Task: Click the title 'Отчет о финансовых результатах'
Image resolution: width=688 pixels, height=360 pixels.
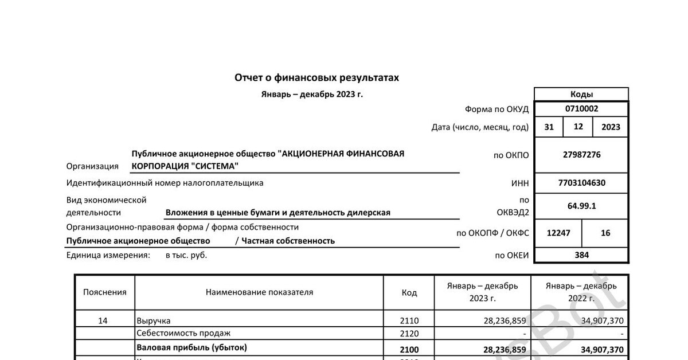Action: point(316,77)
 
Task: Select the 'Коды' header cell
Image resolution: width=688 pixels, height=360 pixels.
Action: point(581,95)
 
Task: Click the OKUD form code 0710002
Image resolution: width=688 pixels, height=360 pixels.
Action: point(581,109)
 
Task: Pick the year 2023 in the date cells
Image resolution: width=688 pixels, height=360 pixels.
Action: point(611,127)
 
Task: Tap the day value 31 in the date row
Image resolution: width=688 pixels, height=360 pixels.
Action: point(549,127)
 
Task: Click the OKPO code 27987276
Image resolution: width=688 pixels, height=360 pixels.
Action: point(581,155)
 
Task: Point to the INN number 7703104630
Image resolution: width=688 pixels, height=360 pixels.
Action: point(581,183)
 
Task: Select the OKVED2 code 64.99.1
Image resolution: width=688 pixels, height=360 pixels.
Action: point(581,206)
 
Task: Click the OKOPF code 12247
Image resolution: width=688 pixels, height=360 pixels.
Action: point(558,233)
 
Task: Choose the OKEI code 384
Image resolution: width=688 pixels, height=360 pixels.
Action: point(581,256)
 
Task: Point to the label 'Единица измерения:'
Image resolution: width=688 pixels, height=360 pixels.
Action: point(108,256)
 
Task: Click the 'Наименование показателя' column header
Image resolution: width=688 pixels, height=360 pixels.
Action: point(259,292)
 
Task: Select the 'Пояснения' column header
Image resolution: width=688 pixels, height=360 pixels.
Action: point(104,292)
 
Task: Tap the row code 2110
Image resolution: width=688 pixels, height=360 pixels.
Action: point(409,321)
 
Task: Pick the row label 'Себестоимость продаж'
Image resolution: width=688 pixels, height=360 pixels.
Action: point(175,334)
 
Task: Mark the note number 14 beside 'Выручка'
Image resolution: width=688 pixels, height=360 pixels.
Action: point(103,321)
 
